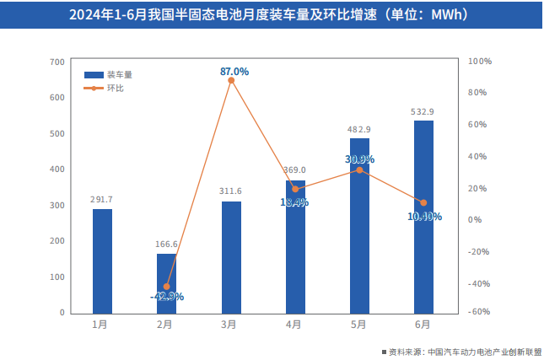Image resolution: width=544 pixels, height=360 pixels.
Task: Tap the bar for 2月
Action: pos(166,283)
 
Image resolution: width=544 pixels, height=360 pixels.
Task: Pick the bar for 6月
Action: pos(423,217)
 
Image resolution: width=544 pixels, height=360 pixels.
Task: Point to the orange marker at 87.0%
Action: pos(231,79)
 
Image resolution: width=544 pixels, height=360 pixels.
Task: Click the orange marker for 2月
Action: pos(167,287)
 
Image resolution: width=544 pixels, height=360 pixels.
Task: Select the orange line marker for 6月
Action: pos(423,202)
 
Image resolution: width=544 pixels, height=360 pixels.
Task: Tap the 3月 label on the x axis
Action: pos(229,324)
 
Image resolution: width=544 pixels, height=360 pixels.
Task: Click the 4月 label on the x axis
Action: pos(294,324)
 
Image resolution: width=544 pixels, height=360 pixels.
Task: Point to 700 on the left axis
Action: pos(57,62)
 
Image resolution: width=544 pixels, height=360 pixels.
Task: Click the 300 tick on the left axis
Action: pos(57,206)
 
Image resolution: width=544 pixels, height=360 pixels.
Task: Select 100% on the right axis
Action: pos(479,62)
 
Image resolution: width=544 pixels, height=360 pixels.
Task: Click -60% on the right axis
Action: pos(479,312)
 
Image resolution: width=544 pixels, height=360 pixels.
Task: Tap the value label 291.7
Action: pos(102,200)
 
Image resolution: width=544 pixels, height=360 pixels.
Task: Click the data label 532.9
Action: pos(423,112)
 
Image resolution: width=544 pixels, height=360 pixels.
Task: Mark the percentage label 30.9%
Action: pos(360,159)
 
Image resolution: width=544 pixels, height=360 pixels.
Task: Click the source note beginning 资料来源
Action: pos(464,351)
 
